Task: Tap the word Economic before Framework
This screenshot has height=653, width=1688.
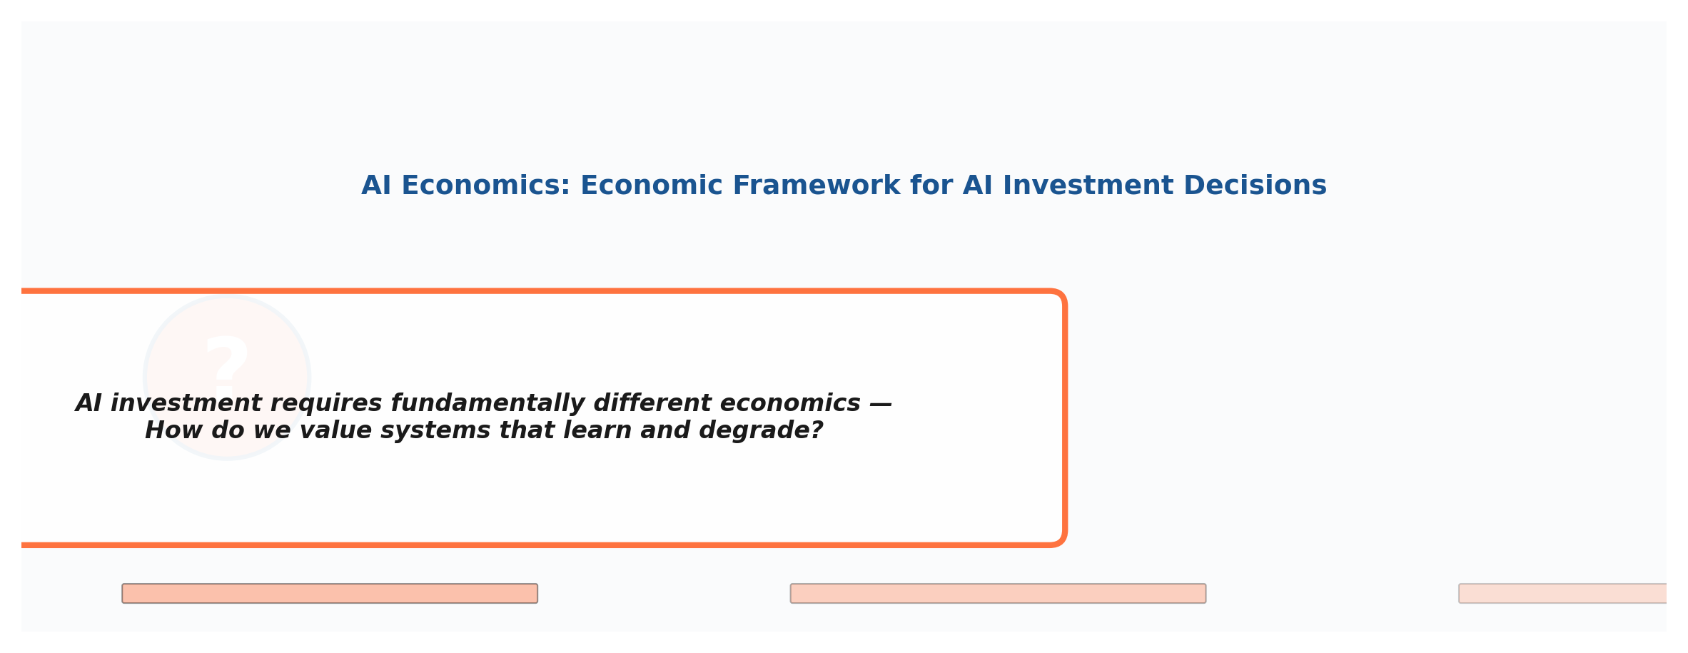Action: [651, 186]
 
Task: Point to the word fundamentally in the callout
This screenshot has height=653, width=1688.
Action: [491, 403]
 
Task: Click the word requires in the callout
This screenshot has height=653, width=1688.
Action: [328, 403]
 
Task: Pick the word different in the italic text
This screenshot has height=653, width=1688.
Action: [652, 403]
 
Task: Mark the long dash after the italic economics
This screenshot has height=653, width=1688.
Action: [881, 403]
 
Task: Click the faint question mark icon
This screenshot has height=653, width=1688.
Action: [227, 364]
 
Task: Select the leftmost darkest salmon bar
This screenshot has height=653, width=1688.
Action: [330, 594]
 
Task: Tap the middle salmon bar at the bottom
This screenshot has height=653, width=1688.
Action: [998, 594]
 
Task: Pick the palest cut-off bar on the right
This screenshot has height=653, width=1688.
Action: [1562, 594]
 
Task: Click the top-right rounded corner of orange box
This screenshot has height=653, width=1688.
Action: [1059, 296]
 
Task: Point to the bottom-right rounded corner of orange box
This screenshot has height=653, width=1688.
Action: [1059, 540]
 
